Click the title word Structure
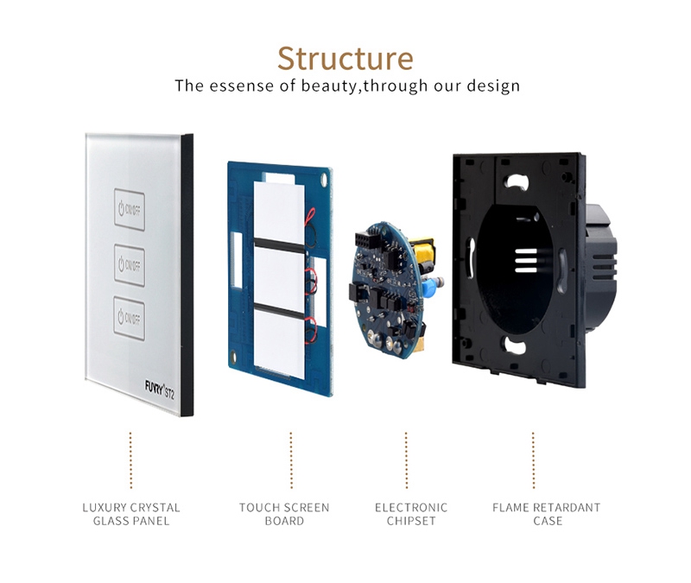tap(345, 59)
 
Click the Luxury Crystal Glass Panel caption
tap(131, 514)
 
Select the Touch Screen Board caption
tap(284, 514)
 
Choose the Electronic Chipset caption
tap(411, 514)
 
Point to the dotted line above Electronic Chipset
tap(406, 460)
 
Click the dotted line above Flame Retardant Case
tap(533, 460)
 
